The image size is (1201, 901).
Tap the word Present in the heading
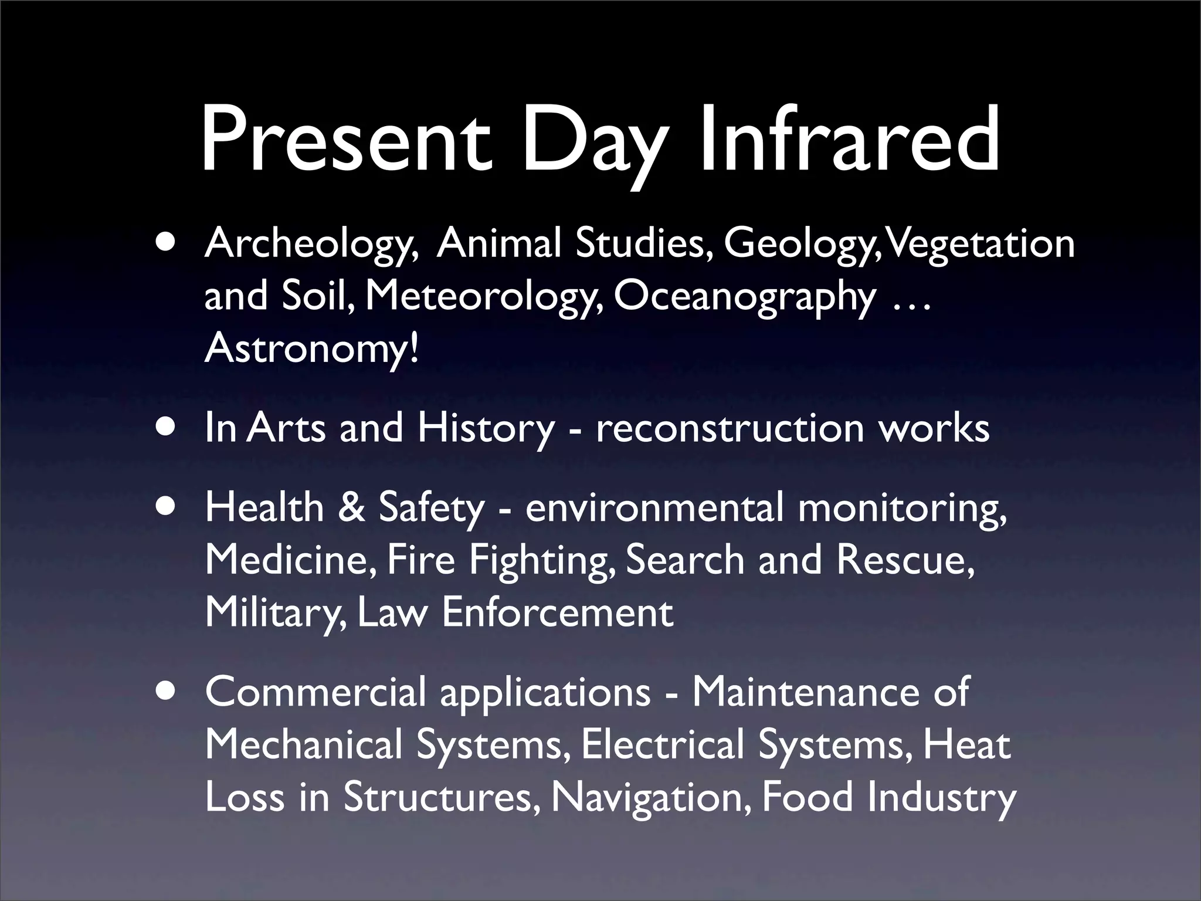coord(346,141)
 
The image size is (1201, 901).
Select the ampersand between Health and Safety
coord(352,508)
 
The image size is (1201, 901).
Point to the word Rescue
coord(905,560)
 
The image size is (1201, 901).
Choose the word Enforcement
coord(557,613)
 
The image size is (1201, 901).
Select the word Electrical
coord(663,745)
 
